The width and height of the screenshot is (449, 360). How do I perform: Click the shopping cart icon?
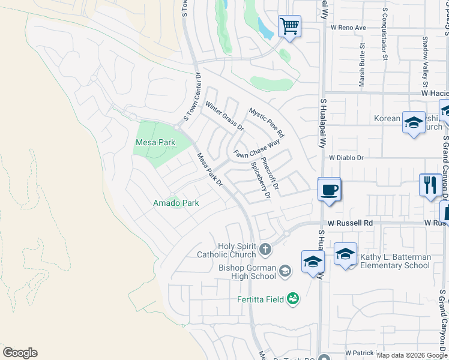pos(289,26)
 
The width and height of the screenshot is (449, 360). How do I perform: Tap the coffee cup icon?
pos(329,190)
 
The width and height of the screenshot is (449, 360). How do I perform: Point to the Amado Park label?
pos(175,203)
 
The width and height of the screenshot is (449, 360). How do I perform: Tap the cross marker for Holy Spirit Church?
pos(265,248)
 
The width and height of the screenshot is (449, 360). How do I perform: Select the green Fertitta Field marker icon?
pos(293,298)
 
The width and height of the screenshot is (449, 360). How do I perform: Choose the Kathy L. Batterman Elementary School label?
pos(395,261)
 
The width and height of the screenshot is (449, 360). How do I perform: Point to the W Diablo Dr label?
pos(346,157)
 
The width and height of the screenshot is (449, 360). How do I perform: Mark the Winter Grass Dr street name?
pos(224,116)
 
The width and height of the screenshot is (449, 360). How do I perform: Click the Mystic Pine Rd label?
pos(267,123)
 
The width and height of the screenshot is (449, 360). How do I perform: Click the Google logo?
pos(20,353)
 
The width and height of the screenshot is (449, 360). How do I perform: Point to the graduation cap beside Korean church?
pos(414,122)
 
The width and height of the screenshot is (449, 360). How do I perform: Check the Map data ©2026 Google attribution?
pos(412,355)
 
